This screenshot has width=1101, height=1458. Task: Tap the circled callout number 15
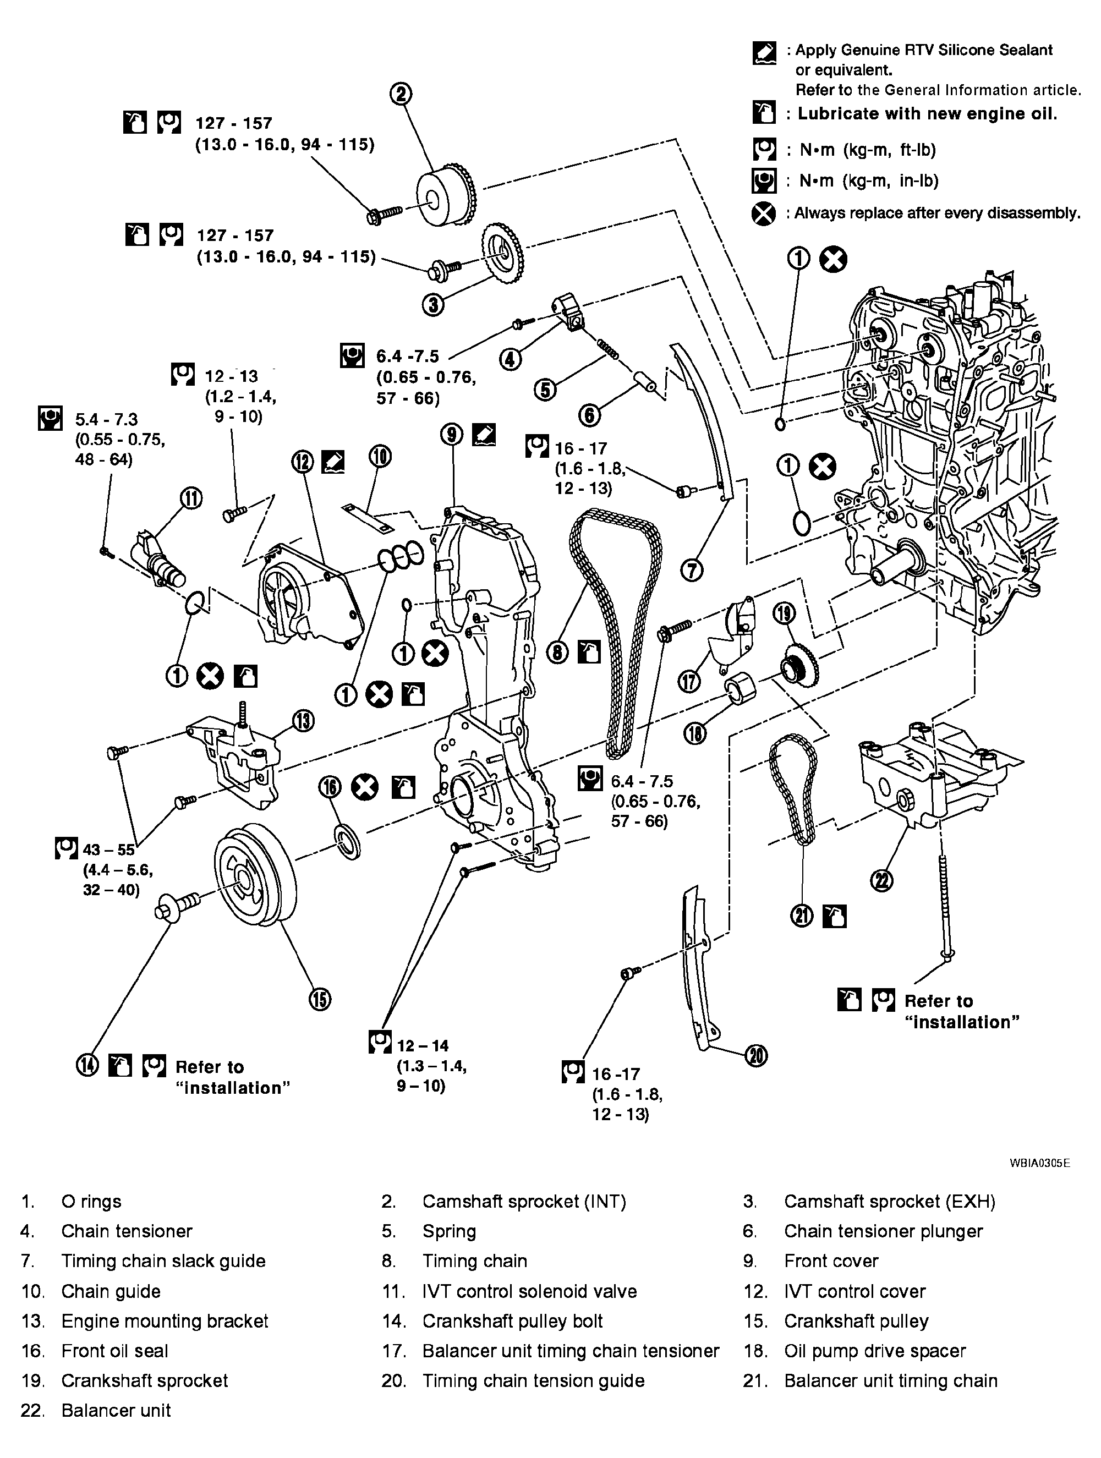(320, 999)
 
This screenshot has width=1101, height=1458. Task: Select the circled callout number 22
(882, 879)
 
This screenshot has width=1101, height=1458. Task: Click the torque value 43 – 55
(109, 849)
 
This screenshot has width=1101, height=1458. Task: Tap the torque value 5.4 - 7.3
(106, 419)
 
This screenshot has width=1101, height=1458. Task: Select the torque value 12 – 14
(423, 1045)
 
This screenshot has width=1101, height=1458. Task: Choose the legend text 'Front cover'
(831, 1261)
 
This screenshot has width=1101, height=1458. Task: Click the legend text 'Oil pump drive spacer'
(875, 1351)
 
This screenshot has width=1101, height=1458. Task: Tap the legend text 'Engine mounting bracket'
(165, 1321)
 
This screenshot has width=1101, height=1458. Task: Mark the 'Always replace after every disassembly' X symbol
(764, 213)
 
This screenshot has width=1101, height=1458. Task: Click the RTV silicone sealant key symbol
(764, 53)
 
